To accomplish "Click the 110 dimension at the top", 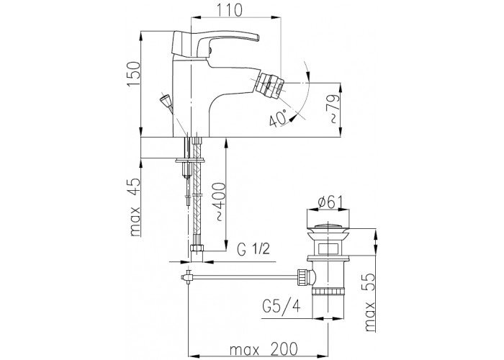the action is pyautogui.click(x=229, y=10).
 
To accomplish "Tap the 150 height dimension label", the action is pyautogui.click(x=133, y=73).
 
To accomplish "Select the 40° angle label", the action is pyautogui.click(x=279, y=118).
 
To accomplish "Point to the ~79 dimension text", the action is pyautogui.click(x=333, y=109).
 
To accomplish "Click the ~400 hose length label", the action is pyautogui.click(x=220, y=202).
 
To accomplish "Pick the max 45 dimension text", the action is pyautogui.click(x=135, y=207).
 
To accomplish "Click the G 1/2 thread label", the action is pyautogui.click(x=254, y=248).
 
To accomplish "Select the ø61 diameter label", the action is pyautogui.click(x=330, y=203).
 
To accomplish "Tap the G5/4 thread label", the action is pyautogui.click(x=282, y=307).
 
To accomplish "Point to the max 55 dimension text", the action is pyautogui.click(x=369, y=303).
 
